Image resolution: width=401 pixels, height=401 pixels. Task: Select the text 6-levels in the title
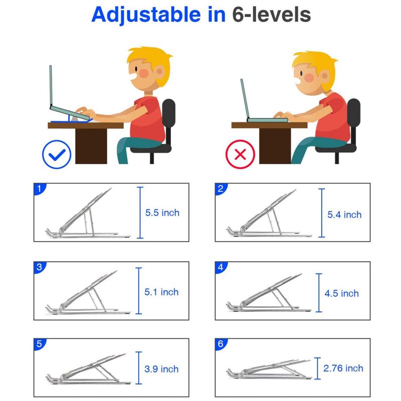click(x=271, y=15)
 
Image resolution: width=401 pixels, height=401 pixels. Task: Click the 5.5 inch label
click(x=162, y=213)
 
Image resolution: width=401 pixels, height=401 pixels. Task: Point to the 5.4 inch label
click(x=344, y=215)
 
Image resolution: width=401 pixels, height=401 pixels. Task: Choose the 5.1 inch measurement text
click(x=161, y=292)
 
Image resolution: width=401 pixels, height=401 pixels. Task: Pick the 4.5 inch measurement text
click(x=342, y=293)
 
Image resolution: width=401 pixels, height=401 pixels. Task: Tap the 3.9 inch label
click(x=161, y=369)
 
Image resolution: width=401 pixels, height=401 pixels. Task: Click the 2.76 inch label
click(x=343, y=368)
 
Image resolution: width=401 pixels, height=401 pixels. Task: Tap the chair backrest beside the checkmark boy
click(x=168, y=120)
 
